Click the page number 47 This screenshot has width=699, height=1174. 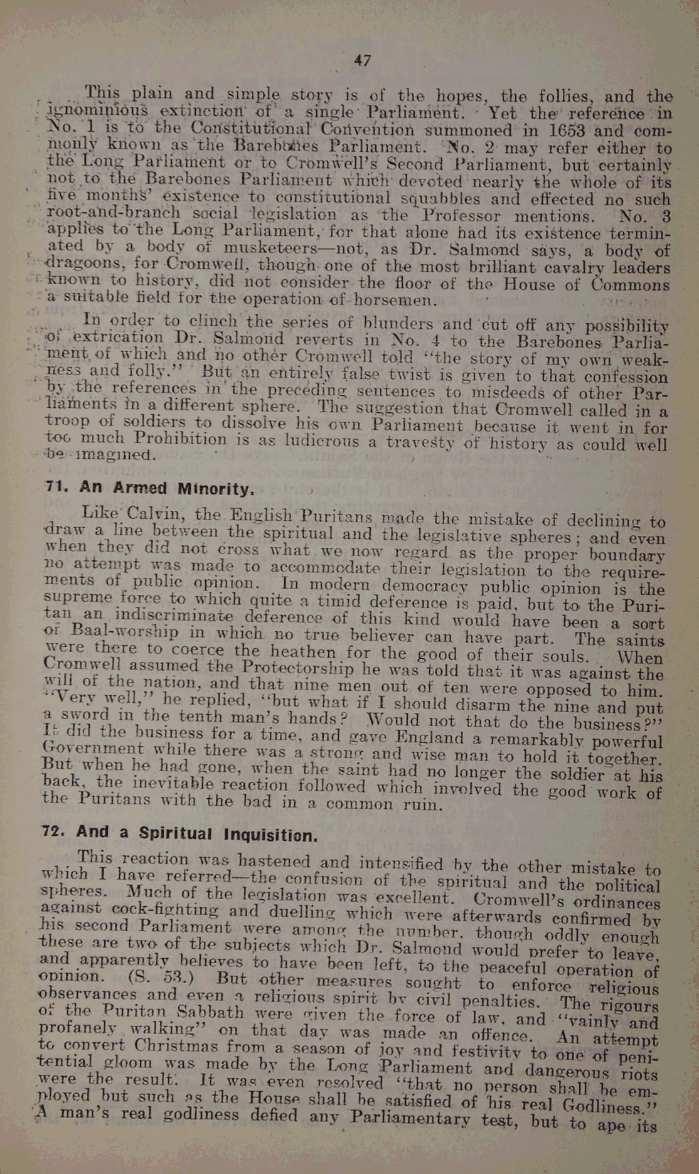click(x=362, y=60)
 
